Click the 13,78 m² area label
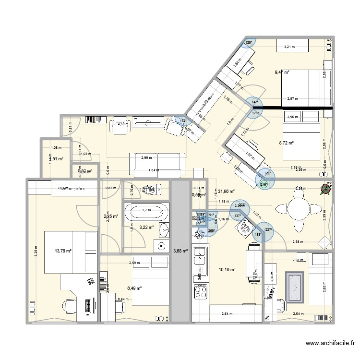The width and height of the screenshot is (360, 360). [62, 251]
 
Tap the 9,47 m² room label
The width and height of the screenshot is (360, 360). [282, 72]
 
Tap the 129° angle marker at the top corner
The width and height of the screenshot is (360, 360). [249, 43]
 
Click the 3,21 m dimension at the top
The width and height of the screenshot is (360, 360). [289, 47]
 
